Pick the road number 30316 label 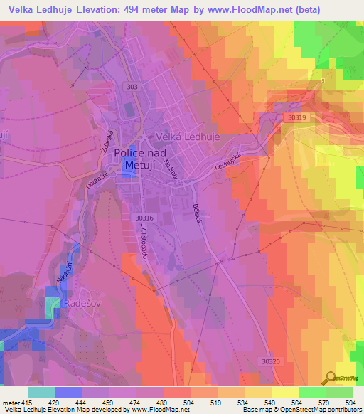[x=143, y=218]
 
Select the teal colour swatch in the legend [x=42, y=392]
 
